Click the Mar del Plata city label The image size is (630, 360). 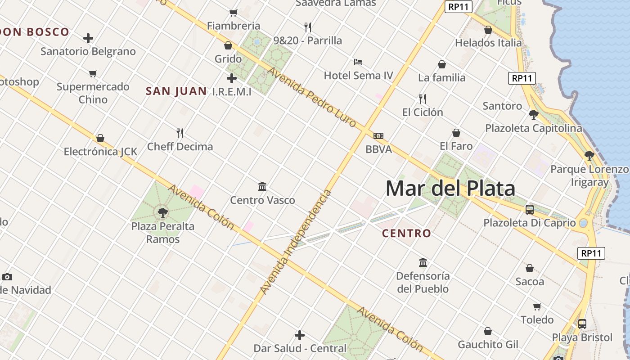coord(450,188)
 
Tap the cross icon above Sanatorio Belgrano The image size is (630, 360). coord(88,38)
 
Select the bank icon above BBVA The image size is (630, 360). coord(378,136)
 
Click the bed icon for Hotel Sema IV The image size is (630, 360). coord(358,62)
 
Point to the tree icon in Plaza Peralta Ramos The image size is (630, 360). coord(163,212)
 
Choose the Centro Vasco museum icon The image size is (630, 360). coord(262,186)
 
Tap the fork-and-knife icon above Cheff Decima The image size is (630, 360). coord(180,133)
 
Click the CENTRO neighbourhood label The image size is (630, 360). coord(406,234)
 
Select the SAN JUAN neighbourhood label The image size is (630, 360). coord(176,91)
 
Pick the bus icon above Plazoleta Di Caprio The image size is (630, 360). coord(530,209)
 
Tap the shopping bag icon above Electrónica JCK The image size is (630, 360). coord(100,138)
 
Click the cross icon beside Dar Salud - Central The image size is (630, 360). coord(300,335)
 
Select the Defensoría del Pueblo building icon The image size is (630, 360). coord(423,262)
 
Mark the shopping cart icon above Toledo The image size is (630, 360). coord(537,307)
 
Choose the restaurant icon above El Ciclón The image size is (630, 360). coord(423,99)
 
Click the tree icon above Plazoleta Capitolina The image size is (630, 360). coord(534,115)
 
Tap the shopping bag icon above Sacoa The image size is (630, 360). coord(530,268)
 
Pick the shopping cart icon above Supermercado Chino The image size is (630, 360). coord(93,73)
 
